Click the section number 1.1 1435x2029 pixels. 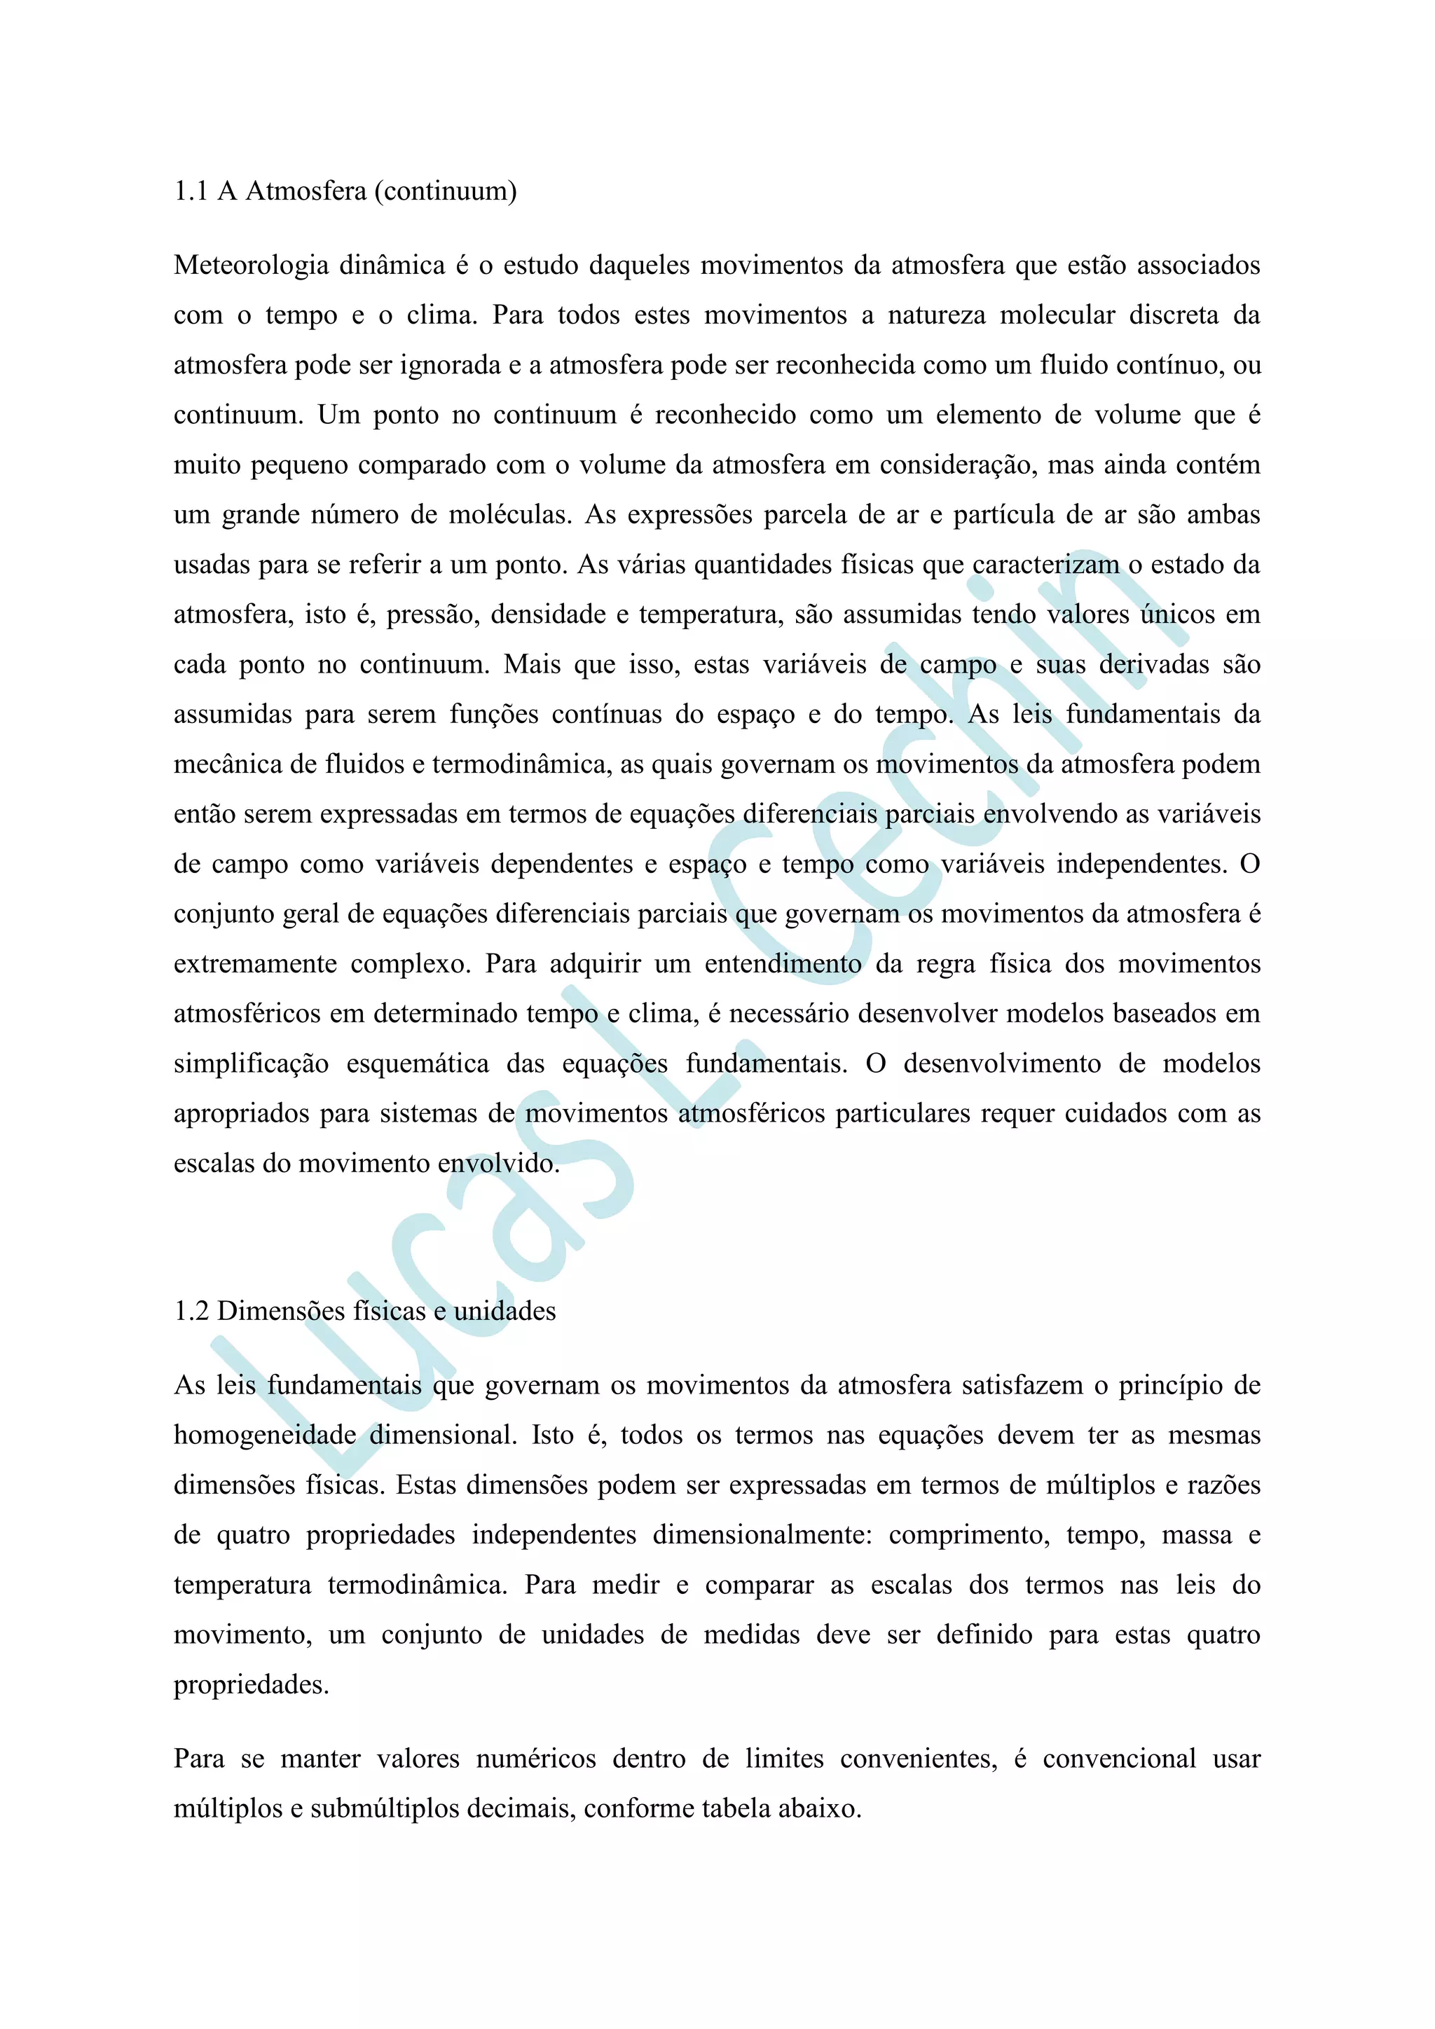190,191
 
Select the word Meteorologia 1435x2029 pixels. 252,265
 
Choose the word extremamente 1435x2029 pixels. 254,964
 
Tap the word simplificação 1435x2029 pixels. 251,1064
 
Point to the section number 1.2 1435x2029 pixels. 191,1311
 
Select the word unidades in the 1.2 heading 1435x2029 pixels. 504,1311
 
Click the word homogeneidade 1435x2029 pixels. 264,1435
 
